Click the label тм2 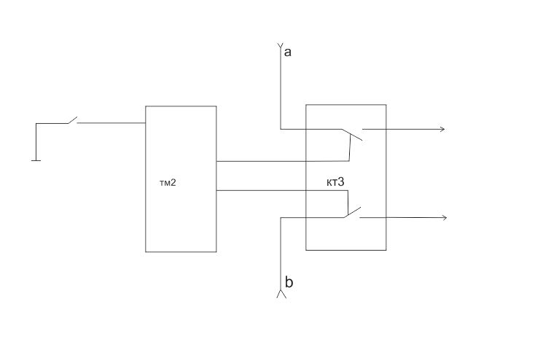coord(168,183)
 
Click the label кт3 coord(335,182)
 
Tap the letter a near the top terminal coord(287,52)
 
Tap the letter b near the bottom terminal coord(289,282)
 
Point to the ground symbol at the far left coord(36,160)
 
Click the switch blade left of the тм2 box coord(72,120)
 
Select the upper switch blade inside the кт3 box coord(352,135)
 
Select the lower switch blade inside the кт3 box coord(353,212)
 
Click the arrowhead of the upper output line coord(442,129)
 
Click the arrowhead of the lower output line coord(445,217)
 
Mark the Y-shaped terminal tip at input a coord(280,45)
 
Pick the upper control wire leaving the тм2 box coord(283,161)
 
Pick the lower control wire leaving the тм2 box coord(282,190)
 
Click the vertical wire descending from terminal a coord(280,88)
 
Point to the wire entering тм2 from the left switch coord(111,123)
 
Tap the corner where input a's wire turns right coord(280,130)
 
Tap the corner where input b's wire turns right coord(281,218)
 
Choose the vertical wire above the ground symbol coord(36,141)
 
